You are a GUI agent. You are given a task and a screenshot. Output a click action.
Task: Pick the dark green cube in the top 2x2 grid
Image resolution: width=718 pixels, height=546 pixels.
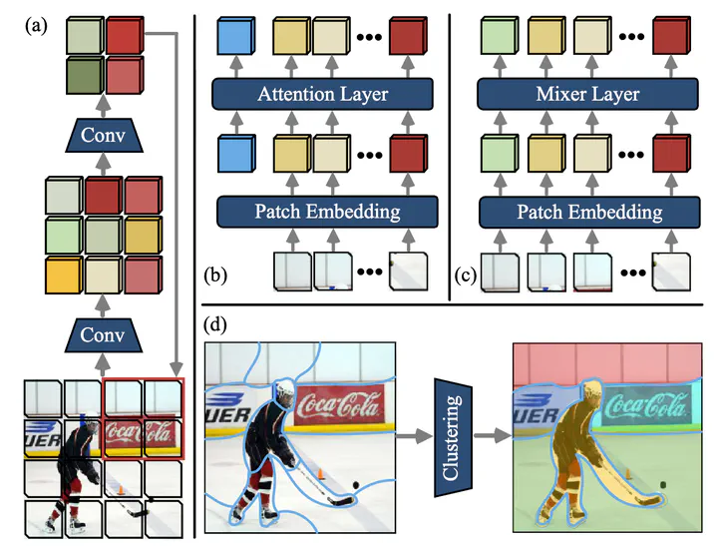click(x=85, y=76)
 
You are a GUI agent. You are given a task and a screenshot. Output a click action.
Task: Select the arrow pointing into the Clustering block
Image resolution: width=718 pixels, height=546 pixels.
click(x=413, y=436)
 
